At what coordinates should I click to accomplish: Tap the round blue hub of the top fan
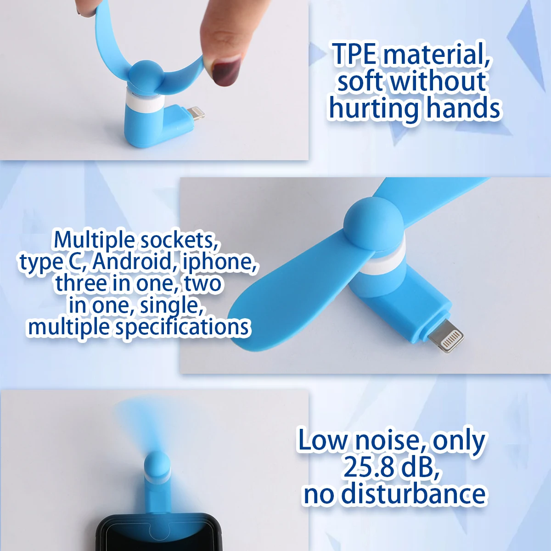point(145,74)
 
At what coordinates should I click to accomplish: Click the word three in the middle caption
point(80,283)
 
